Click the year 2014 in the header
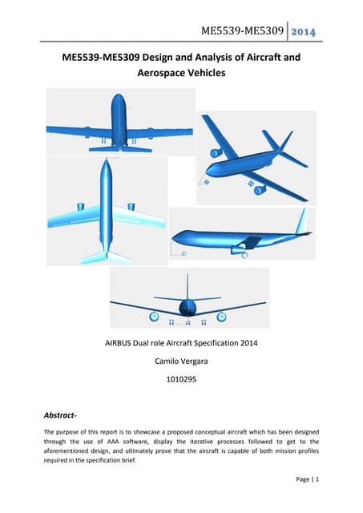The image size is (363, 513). coord(303,32)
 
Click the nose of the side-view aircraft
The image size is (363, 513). coord(174,238)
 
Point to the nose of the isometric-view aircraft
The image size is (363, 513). coord(210,169)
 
